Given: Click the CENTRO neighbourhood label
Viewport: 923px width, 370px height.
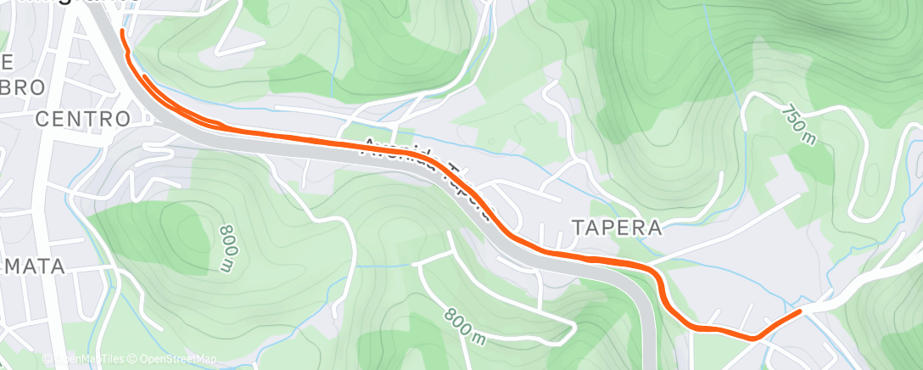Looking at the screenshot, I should tap(83, 119).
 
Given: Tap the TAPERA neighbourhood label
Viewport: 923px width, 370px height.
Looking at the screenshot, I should tap(616, 227).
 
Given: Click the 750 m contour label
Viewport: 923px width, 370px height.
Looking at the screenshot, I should tap(797, 124).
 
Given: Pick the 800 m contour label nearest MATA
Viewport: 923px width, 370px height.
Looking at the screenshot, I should tap(226, 248).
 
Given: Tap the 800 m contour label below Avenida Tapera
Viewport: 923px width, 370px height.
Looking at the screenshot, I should tap(466, 326).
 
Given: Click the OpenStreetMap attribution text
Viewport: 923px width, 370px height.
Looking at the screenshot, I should tap(173, 359).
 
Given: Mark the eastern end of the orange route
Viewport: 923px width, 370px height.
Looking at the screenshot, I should tap(799, 312).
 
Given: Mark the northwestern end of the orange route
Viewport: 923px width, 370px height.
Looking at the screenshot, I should tap(122, 31).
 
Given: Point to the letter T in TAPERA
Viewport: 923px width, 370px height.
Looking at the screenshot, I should tap(577, 227).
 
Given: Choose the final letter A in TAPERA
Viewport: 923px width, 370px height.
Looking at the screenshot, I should tap(654, 227).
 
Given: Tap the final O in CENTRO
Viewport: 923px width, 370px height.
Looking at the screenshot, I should tap(124, 119).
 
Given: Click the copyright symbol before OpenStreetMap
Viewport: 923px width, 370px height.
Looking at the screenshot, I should tap(134, 359).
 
